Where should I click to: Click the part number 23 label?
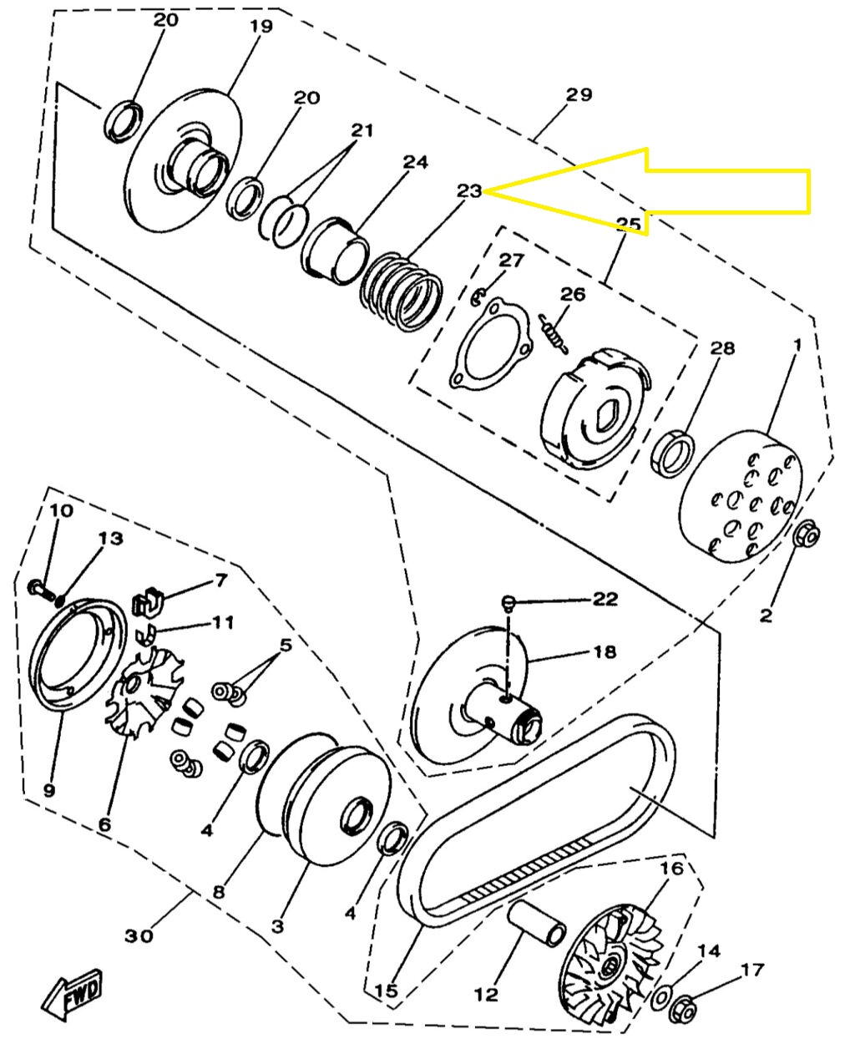pos(468,190)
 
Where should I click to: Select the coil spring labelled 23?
pos(402,293)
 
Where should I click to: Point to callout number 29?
pos(579,94)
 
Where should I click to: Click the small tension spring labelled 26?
pos(554,334)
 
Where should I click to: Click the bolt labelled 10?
pos(43,590)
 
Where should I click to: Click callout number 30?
pos(139,935)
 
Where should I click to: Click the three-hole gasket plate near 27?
pos(491,344)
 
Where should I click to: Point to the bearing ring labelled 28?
pos(672,454)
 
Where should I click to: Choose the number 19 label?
pos(261,26)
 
